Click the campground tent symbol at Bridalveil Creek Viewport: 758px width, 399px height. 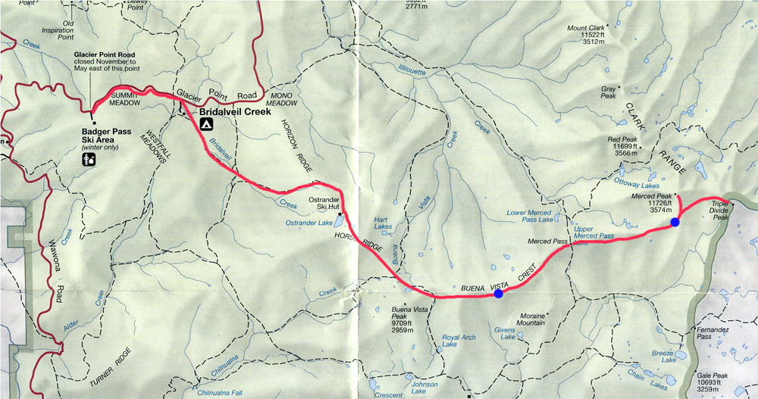pos(206,123)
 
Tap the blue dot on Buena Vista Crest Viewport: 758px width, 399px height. pos(498,295)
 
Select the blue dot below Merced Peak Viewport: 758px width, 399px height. pos(674,222)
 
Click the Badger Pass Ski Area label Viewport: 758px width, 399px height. pos(107,136)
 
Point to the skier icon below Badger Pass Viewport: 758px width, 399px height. pos(89,159)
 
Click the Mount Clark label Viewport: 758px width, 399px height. pos(593,36)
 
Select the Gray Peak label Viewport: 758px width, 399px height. pos(609,92)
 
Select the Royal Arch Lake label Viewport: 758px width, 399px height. pos(459,341)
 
